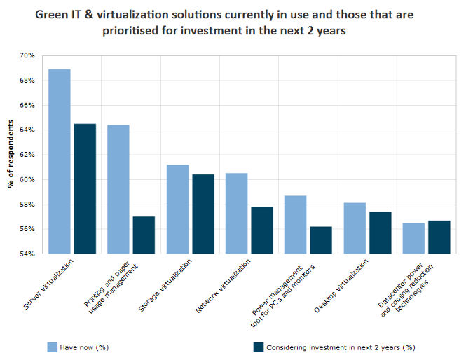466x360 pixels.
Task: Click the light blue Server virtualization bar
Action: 60,161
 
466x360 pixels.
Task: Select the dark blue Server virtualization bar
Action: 85,188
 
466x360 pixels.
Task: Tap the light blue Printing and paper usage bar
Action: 118,189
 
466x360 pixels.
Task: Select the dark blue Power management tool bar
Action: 321,240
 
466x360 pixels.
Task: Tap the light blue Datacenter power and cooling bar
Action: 413,238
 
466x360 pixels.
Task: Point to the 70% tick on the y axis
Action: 27,56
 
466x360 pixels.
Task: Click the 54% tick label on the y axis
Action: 27,254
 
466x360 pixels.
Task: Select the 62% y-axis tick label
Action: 27,155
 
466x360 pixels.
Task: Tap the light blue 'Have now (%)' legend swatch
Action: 51,347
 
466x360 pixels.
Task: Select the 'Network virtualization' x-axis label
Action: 228,284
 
